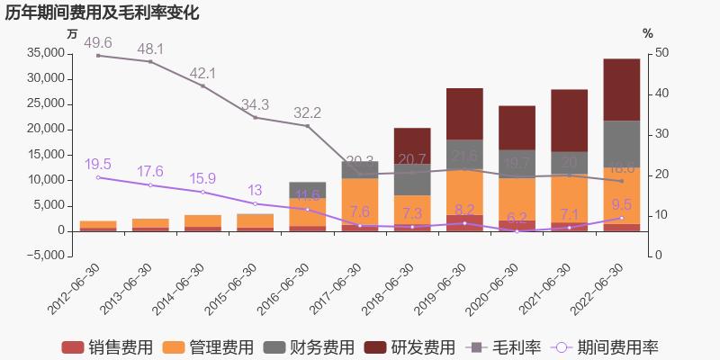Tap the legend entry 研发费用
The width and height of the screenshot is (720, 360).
tap(409, 347)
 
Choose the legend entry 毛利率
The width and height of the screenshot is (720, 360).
tap(499, 347)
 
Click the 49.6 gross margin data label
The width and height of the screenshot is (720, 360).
tap(98, 43)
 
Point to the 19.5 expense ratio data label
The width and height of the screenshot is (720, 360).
tap(98, 164)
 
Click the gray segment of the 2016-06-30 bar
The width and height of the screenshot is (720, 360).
tap(307, 190)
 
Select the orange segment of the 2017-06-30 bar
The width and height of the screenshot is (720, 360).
tap(359, 202)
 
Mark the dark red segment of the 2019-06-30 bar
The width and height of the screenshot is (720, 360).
tap(464, 113)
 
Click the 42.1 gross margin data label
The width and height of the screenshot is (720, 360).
tap(202, 73)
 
